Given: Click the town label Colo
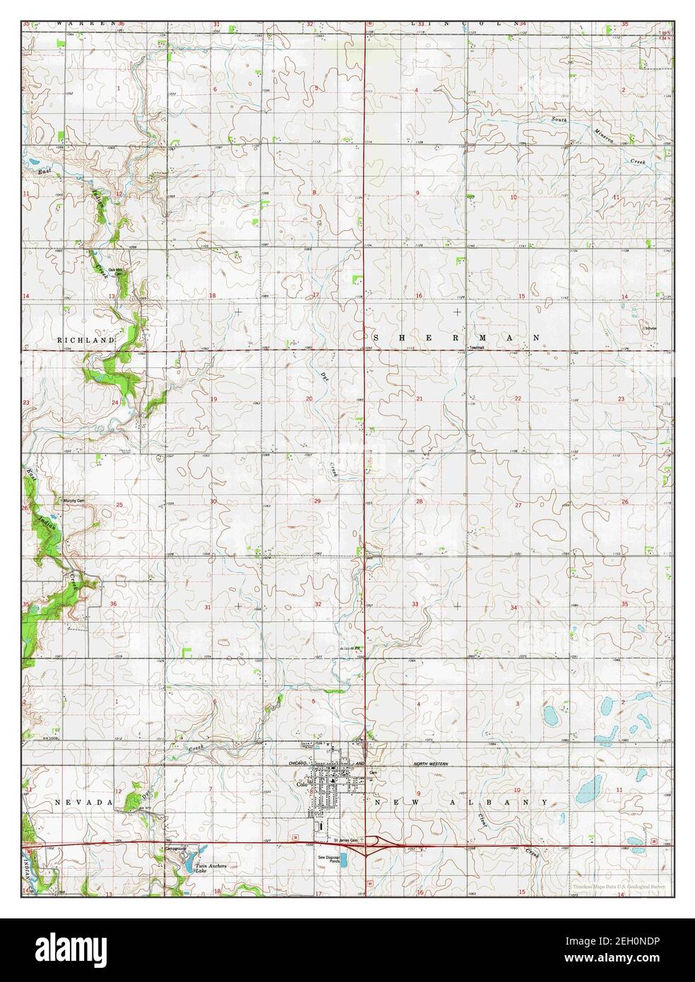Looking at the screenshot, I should coord(303,784).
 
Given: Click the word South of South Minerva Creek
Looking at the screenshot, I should coord(559,119).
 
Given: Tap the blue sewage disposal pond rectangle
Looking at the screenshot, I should coord(350,860).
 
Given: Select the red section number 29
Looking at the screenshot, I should coord(318,501).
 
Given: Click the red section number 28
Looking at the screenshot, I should coord(419,501).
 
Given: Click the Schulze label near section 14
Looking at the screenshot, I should coord(648,328).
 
